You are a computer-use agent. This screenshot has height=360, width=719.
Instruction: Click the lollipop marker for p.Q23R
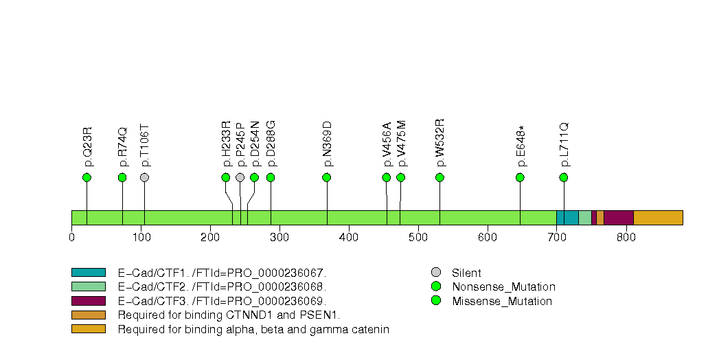coord(87,177)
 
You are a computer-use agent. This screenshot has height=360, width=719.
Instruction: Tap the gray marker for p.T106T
coord(144,177)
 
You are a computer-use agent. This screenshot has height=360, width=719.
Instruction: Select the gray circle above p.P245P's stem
coord(240,177)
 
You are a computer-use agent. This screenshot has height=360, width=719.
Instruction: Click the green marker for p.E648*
coord(520,177)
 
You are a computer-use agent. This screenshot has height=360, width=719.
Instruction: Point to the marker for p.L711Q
coord(564,177)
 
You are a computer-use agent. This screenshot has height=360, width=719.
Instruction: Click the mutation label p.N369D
coord(327,144)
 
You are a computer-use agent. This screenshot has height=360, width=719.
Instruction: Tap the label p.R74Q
coord(123,146)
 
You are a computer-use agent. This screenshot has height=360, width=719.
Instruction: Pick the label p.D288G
coord(271,144)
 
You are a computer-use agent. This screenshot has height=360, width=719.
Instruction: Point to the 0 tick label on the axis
coord(72,238)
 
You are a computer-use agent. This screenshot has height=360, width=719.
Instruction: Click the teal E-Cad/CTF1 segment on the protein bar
coord(567,217)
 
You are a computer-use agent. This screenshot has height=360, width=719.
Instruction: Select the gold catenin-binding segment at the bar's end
coord(657,217)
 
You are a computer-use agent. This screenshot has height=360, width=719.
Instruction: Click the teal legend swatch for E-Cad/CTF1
coord(88,273)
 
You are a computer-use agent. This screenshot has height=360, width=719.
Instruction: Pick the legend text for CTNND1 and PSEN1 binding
coord(229,315)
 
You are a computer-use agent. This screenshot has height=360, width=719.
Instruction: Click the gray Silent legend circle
coord(435,273)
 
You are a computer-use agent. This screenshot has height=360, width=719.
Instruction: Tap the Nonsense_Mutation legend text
coord(503,287)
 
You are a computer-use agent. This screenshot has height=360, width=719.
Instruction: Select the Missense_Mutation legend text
coord(501,301)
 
